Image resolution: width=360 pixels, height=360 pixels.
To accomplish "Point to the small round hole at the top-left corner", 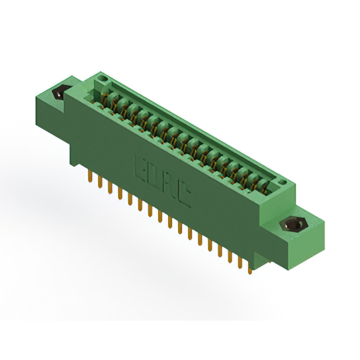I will click(102, 77).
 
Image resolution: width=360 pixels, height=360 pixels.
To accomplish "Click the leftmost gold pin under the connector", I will click(90, 177).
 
